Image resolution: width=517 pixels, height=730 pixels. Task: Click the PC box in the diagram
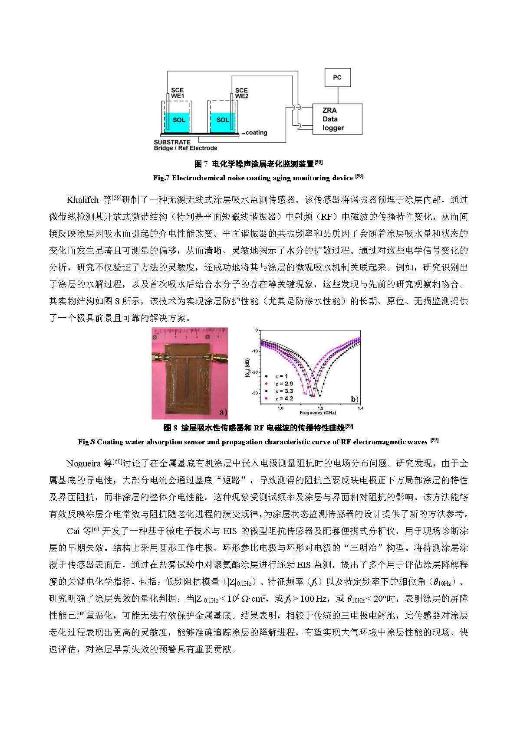click(337, 78)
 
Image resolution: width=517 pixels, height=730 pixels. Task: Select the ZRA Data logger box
click(336, 119)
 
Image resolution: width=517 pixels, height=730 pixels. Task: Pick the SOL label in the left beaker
click(178, 120)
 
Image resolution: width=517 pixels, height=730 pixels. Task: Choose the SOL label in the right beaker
click(223, 120)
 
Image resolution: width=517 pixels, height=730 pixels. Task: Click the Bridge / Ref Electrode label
click(185, 148)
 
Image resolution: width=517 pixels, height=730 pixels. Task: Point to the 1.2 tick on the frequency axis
click(320, 408)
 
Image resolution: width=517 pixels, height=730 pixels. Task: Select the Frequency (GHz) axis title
click(317, 413)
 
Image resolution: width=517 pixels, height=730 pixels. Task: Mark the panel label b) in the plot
click(354, 399)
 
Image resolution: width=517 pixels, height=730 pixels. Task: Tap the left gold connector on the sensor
click(157, 357)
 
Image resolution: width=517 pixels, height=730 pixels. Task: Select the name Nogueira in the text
click(83, 463)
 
